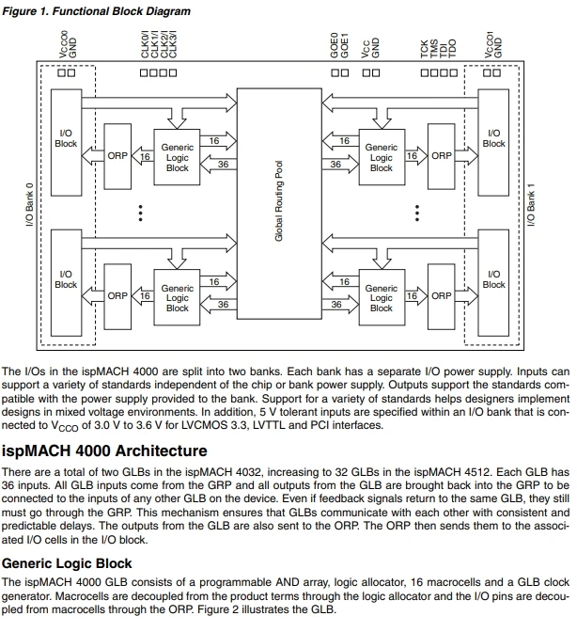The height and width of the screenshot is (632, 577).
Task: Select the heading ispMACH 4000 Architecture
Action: coord(105,450)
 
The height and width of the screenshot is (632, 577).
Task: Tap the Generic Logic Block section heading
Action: coord(68,563)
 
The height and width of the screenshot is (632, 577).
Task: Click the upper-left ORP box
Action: coord(117,155)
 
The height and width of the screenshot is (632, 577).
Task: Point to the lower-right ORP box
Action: coord(441,294)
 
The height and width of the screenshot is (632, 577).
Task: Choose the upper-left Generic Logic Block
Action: coord(178,157)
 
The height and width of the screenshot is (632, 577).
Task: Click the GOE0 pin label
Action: coord(335,46)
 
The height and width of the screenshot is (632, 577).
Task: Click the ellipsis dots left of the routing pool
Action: coord(141,215)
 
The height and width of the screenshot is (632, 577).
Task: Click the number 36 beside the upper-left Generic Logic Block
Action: coord(223,164)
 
